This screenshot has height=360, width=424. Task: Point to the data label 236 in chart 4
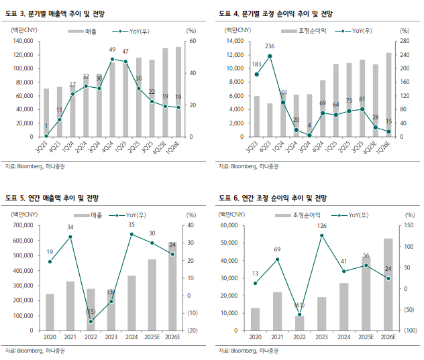tap(270, 46)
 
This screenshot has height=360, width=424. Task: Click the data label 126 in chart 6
tap(321, 225)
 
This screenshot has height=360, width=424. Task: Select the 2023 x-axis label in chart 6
tap(321, 338)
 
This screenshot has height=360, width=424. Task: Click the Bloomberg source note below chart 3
tap(36, 166)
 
